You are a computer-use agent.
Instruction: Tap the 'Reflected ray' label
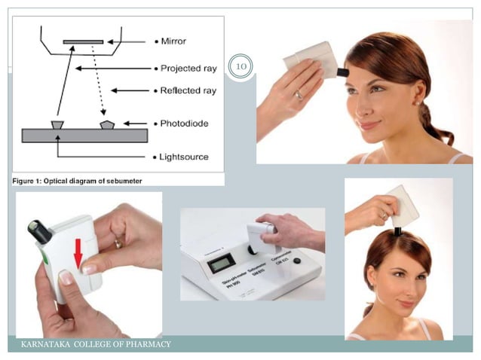(x=188, y=90)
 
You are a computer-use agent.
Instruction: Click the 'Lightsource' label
(x=184, y=157)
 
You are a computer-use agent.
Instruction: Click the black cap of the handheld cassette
(x=38, y=231)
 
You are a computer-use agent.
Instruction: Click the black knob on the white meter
(x=297, y=261)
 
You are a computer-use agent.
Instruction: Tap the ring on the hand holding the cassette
(x=118, y=243)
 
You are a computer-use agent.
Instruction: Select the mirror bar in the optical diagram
(x=84, y=41)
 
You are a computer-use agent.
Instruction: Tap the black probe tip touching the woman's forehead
(x=343, y=73)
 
